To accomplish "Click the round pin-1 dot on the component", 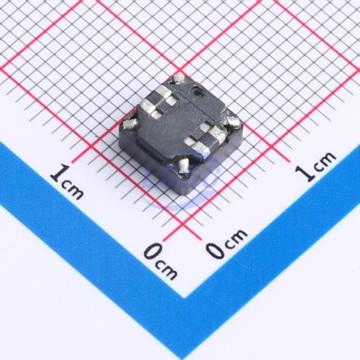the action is pyautogui.click(x=198, y=90).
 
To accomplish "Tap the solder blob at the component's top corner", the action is pyautogui.click(x=179, y=79).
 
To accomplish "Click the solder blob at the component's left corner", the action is pyautogui.click(x=130, y=124).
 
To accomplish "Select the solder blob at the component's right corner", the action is pyautogui.click(x=233, y=120).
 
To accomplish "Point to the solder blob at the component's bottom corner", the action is pyautogui.click(x=184, y=166).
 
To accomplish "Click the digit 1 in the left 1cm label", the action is pyautogui.click(x=60, y=174).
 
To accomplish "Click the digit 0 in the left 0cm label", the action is pyautogui.click(x=154, y=252).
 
